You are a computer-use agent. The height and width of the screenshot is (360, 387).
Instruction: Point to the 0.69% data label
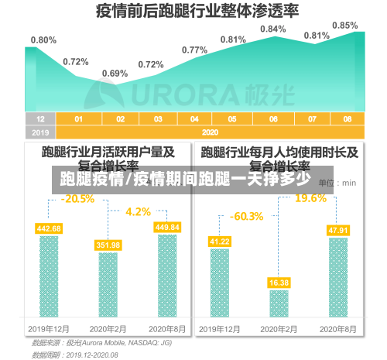pyautogui.click(x=115, y=74)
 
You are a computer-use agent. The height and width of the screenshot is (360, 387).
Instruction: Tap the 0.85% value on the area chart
pyautogui.click(x=344, y=26)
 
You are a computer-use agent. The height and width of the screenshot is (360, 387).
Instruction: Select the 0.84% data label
pyautogui.click(x=272, y=29)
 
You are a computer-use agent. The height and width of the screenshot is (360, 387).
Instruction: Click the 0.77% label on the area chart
pyautogui.click(x=194, y=50)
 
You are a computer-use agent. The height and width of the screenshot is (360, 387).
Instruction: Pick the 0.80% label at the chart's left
pyautogui.click(x=43, y=39)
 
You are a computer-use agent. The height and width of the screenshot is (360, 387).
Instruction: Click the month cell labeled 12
pyautogui.click(x=40, y=119)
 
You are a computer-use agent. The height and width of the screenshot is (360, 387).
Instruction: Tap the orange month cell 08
pyautogui.click(x=348, y=119)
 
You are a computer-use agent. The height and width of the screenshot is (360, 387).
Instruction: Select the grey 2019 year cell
pyautogui.click(x=40, y=132)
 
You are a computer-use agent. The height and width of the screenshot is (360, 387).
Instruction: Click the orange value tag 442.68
pyautogui.click(x=49, y=228)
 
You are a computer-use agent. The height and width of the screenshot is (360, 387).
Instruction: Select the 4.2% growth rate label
pyautogui.click(x=138, y=211)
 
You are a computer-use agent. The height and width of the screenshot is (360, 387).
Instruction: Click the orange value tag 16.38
pyautogui.click(x=279, y=283)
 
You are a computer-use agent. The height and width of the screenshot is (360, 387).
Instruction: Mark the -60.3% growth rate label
pyautogui.click(x=247, y=215)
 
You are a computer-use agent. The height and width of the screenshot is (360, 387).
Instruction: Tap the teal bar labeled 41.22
pyautogui.click(x=220, y=282)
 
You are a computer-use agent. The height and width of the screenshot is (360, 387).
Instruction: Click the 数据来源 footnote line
pyautogui.click(x=101, y=342)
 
